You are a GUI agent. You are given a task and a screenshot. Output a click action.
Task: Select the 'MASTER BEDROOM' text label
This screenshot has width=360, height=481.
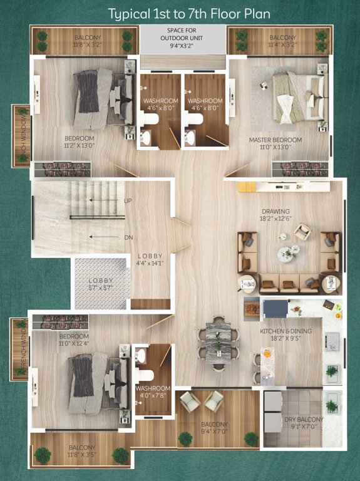pos(275,140)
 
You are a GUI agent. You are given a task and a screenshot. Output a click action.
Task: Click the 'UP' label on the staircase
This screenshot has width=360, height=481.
pos(128,200)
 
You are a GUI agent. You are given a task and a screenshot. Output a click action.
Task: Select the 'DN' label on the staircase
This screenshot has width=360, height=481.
pos(128,237)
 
